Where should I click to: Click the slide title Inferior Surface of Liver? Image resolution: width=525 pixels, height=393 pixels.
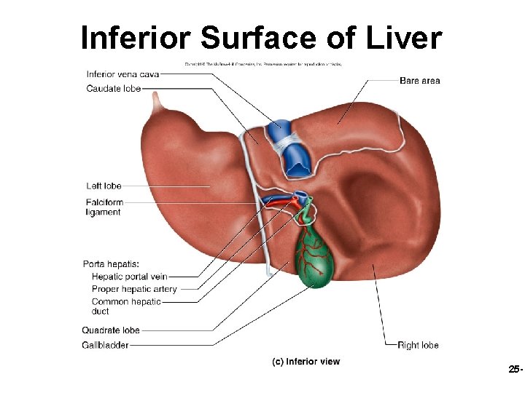pos(261,38)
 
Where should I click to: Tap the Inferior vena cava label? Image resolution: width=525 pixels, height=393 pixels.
pos(122,74)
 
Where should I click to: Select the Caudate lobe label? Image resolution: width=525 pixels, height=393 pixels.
pos(113,88)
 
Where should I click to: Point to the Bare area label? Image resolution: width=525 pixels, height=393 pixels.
pos(419,81)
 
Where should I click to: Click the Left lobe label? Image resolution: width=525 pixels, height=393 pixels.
pos(104,186)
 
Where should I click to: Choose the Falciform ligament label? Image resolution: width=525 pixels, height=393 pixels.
pos(104,207)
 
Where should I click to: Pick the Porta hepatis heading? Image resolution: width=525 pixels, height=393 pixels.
pos(111,264)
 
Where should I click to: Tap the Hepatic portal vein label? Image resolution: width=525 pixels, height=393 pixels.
pos(130,277)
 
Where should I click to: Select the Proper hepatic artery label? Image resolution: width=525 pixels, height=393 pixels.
pos(134,289)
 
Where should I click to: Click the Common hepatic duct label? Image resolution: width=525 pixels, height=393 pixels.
pos(126,306)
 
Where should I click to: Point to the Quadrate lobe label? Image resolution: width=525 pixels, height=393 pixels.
pos(111,330)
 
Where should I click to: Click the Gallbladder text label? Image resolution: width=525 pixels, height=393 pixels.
pos(105,344)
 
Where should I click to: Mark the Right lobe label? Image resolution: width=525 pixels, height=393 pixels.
pos(418,345)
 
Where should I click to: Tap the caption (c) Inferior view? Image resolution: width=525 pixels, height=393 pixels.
pos(306,362)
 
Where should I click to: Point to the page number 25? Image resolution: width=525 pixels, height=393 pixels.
pos(514,370)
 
